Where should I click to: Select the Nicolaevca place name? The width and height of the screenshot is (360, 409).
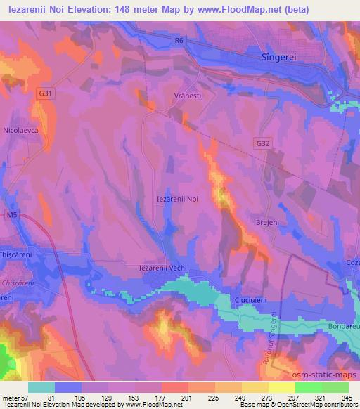click(22, 130)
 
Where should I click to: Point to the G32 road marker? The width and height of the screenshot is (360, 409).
click(262, 143)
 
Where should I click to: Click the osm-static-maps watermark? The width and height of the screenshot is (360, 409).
click(322, 375)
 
